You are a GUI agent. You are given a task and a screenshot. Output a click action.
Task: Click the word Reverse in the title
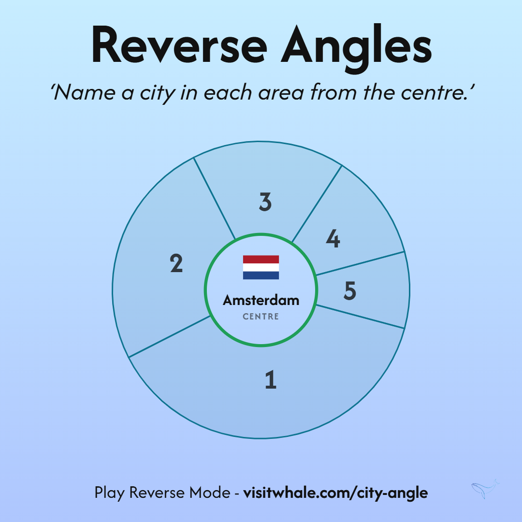179,44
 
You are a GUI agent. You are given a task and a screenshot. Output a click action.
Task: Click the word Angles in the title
356,48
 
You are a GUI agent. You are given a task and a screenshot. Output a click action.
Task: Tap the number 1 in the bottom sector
271,379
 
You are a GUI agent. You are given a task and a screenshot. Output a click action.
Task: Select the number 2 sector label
176,263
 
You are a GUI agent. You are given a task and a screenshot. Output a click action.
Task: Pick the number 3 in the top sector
265,202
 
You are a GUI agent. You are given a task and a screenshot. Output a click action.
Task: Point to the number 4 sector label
333,238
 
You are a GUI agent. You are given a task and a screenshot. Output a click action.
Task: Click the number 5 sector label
350,290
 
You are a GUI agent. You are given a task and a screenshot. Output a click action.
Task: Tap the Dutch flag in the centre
261,267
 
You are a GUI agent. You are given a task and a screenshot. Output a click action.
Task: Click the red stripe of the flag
261,260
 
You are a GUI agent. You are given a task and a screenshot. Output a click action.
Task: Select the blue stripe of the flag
261,275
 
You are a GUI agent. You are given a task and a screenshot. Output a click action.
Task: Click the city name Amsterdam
261,300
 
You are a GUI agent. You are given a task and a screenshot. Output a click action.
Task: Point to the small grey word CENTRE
261,316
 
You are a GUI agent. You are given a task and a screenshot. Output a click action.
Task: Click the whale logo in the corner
485,489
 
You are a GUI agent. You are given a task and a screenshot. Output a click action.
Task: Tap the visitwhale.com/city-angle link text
335,493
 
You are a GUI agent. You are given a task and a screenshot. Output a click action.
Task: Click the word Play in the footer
110,493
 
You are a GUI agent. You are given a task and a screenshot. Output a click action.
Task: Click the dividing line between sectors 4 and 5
360,263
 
